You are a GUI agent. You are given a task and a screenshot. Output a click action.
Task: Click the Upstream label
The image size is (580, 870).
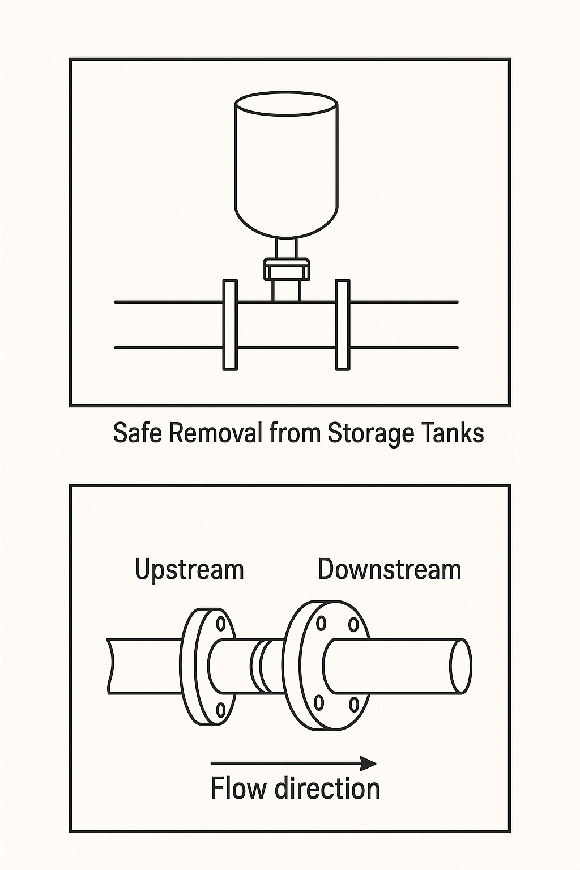coord(189,569)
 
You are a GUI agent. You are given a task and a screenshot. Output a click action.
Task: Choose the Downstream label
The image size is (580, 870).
coord(390,569)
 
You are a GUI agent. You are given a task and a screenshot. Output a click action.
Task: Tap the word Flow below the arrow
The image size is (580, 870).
coord(238,788)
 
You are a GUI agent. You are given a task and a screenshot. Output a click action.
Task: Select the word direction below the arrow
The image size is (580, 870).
coord(328,788)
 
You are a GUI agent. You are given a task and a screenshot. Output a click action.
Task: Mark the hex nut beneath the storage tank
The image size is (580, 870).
coord(287,268)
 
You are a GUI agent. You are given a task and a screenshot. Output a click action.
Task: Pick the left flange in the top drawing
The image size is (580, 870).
coord(229,325)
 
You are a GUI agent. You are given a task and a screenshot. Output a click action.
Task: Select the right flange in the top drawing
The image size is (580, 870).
coord(343,325)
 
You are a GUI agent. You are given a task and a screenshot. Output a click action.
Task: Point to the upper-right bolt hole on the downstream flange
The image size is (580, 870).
coord(354,624)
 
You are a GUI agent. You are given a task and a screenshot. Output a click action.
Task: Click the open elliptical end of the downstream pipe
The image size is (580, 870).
coord(460,666)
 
